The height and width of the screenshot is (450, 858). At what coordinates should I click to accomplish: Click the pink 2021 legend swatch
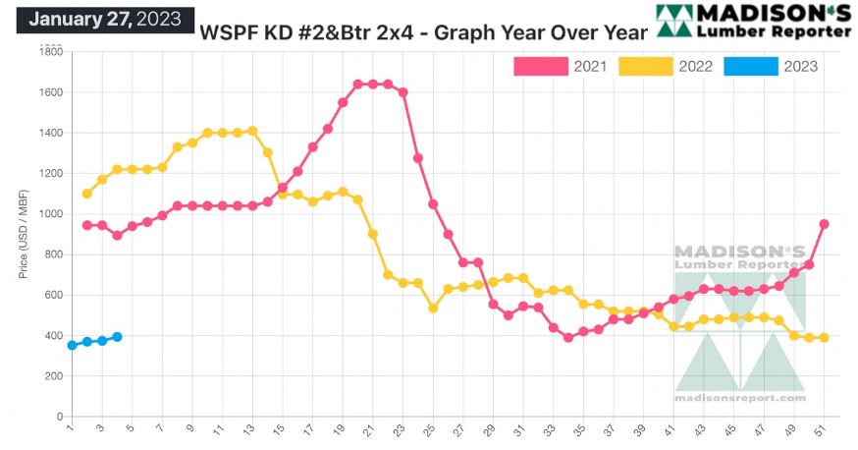tap(541, 67)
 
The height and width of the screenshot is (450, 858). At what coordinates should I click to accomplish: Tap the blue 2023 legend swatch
tap(752, 67)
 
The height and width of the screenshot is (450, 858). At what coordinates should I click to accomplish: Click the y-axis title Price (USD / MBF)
tap(24, 233)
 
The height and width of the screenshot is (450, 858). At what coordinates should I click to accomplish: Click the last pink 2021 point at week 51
tap(825, 224)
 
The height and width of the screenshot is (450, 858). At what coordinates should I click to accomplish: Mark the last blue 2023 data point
tap(117, 337)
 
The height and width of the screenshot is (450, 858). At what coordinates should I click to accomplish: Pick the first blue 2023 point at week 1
tap(72, 346)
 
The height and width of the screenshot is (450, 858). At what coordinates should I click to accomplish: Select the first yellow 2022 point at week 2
tap(86, 194)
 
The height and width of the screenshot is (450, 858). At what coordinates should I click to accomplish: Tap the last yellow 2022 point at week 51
tap(825, 338)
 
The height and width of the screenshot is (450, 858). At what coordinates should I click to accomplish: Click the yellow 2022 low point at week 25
tap(433, 308)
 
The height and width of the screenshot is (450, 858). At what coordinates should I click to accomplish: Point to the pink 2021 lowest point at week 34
tap(568, 337)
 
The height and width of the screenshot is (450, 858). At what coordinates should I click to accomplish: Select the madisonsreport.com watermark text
tap(739, 398)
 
